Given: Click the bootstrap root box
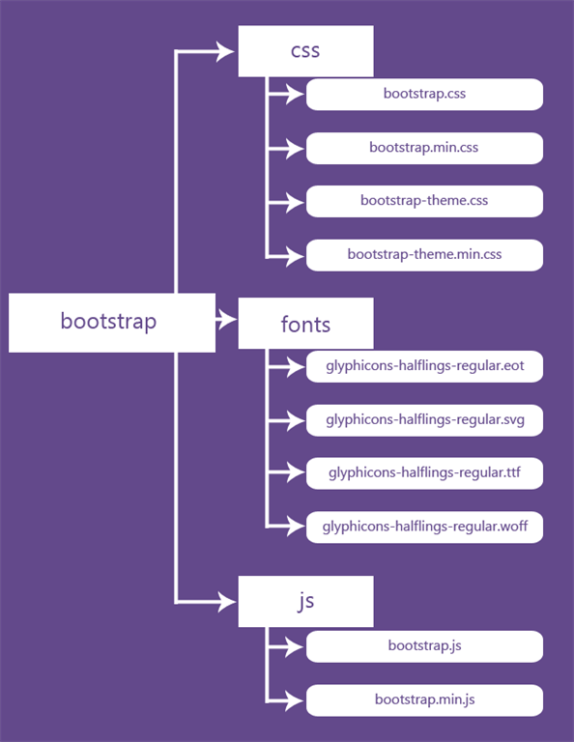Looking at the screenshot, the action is pos(112,323).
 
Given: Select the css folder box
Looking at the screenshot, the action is pos(305,51).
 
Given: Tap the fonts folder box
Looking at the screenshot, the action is pos(305,324).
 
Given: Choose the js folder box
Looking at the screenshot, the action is pos(305,602).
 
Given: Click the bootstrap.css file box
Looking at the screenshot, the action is pos(424,94).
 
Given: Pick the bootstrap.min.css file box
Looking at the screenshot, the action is pos(424,148).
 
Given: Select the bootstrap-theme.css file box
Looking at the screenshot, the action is pos(424,201).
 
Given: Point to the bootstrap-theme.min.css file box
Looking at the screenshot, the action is pos(424,255).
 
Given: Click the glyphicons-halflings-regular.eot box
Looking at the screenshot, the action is pos(424,366).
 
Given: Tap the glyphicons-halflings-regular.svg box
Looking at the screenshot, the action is pos(424,420).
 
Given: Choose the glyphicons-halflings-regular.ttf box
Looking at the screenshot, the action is pos(424,473).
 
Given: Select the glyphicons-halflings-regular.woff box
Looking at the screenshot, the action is pos(424,528).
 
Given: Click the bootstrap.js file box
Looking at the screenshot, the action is pos(424,646).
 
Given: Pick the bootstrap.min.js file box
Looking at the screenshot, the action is pos(424,700).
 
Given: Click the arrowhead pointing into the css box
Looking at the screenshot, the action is pos(225,51).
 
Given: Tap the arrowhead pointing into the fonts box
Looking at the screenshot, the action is pos(227,320).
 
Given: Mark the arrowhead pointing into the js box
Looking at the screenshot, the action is pos(226,602).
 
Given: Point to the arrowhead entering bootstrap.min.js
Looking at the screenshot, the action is pos(295,700).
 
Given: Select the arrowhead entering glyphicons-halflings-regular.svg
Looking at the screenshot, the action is pos(295,420).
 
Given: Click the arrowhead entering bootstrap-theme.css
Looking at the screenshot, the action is pos(295,202).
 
